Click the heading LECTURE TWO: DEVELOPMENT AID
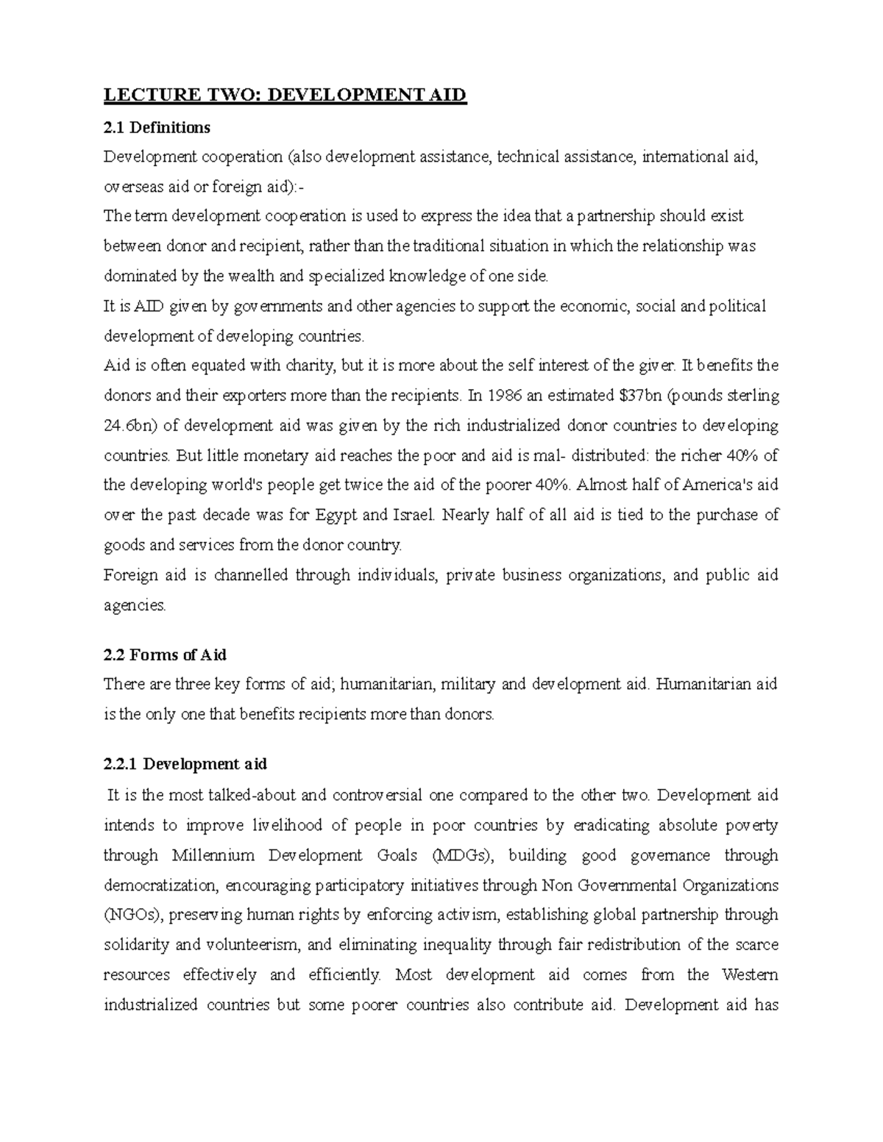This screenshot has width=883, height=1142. tap(285, 96)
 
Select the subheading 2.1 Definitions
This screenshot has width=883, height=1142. tap(157, 128)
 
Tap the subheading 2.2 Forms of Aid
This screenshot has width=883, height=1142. tap(165, 654)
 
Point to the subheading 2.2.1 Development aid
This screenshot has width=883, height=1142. tap(185, 764)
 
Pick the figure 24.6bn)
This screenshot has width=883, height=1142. tap(130, 426)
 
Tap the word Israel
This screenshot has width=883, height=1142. tap(415, 515)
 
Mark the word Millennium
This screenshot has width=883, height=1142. tap(213, 855)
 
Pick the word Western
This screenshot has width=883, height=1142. tap(750, 974)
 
